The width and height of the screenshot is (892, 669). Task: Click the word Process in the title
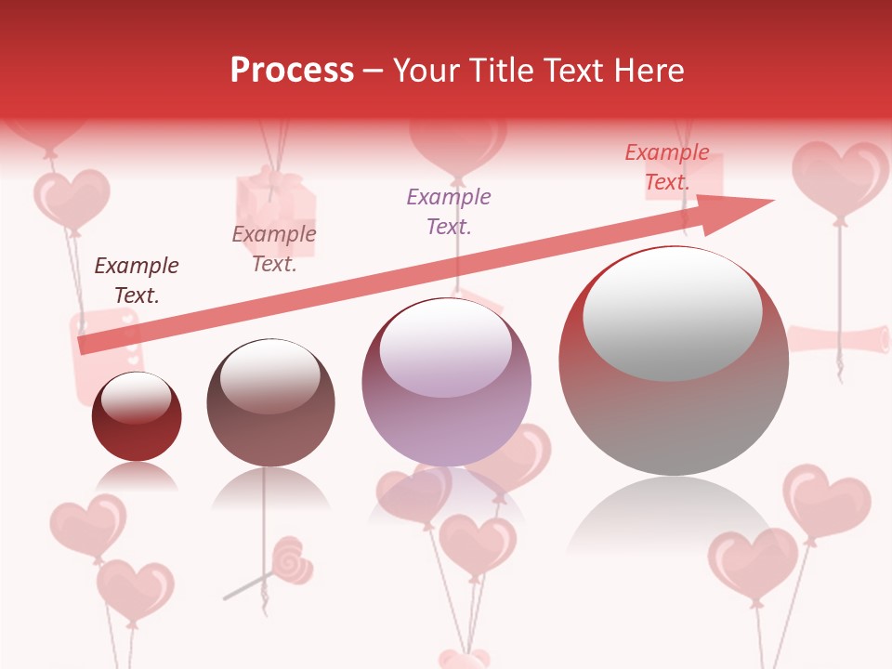tap(292, 70)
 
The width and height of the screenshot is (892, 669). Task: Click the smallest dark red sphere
tap(137, 417)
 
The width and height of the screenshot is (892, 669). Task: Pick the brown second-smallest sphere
tap(270, 403)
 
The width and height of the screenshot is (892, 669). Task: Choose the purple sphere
tap(446, 382)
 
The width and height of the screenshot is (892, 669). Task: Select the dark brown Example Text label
tap(137, 281)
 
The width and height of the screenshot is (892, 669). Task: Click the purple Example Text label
tap(449, 211)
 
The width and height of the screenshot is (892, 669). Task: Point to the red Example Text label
tap(666, 167)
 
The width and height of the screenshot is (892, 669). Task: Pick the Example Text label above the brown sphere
tap(274, 249)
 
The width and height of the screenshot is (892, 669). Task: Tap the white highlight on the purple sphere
tap(445, 348)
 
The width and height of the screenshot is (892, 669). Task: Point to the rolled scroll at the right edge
tap(841, 339)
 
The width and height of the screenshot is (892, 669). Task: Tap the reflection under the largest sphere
tap(674, 520)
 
